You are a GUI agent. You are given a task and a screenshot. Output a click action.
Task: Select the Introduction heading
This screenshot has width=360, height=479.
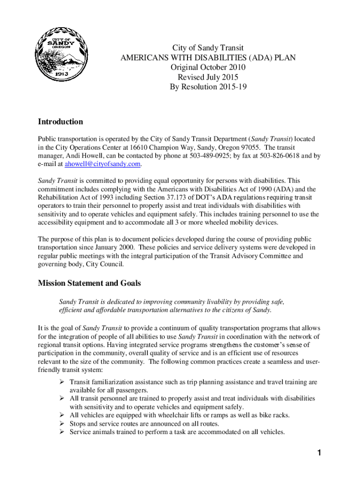click(x=60, y=122)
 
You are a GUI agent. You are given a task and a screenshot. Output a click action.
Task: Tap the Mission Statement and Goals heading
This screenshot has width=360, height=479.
click(x=89, y=283)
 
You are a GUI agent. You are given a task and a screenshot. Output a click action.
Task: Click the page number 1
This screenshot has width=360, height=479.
click(x=318, y=453)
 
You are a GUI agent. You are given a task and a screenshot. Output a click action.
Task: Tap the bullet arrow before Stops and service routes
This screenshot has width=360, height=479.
click(x=62, y=424)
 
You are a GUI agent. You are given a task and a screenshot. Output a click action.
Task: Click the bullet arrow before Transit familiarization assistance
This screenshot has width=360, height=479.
click(x=62, y=382)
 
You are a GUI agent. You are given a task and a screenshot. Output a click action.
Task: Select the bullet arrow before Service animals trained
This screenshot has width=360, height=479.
click(x=62, y=432)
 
